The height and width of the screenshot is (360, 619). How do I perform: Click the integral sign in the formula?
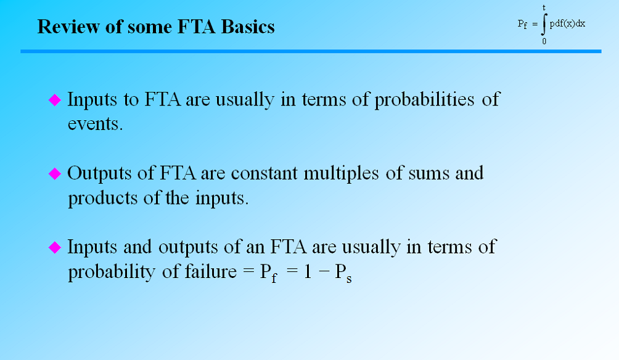(544, 25)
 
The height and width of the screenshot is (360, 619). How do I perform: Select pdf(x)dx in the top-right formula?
(567, 23)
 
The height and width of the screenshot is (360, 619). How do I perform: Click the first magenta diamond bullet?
(55, 100)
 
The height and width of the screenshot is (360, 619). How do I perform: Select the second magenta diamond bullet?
(55, 174)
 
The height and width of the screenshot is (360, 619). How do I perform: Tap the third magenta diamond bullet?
(55, 248)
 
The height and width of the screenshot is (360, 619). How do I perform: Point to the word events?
(95, 123)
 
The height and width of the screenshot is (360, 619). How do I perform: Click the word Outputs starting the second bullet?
(99, 173)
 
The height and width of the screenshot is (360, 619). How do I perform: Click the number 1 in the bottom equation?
(306, 272)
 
